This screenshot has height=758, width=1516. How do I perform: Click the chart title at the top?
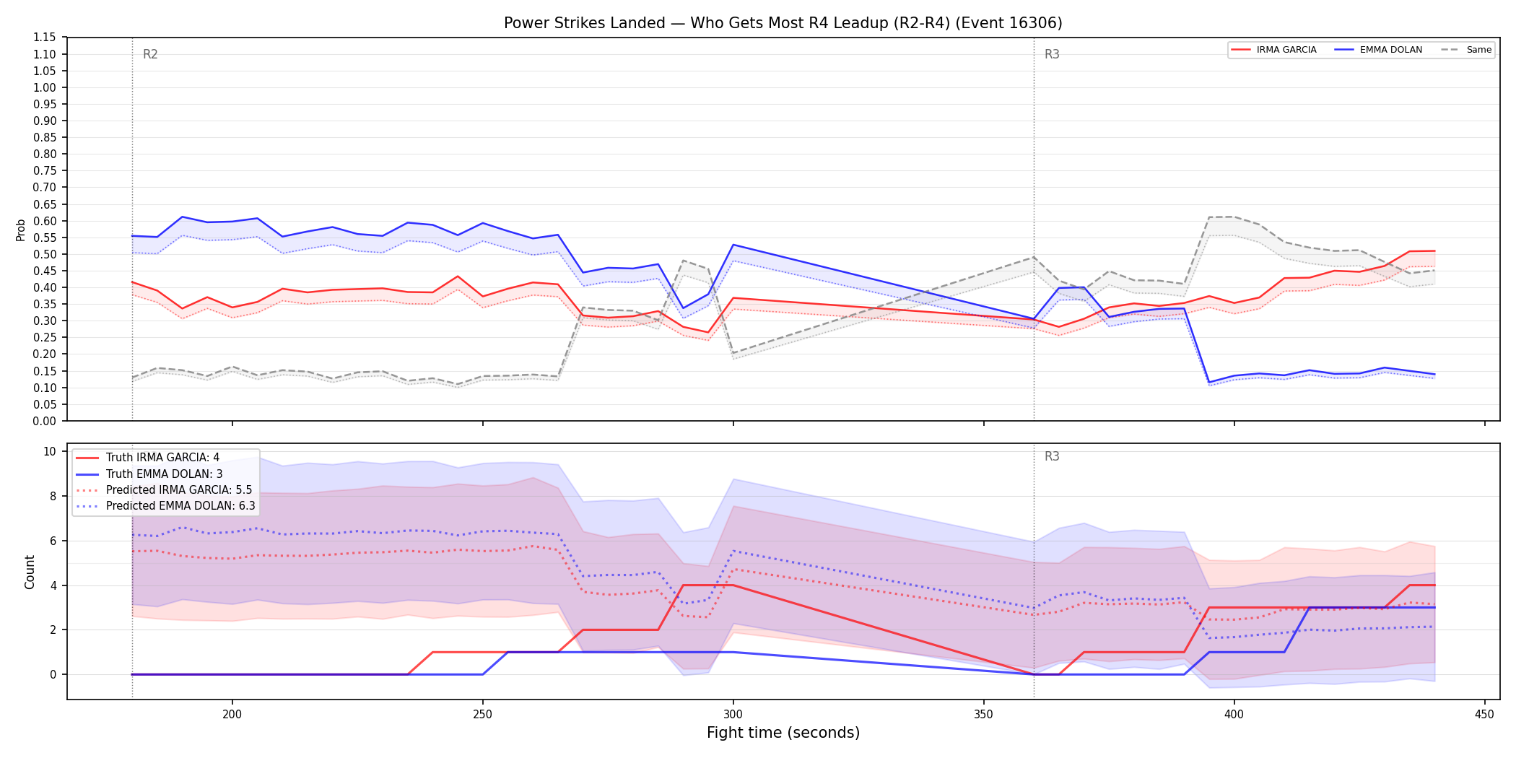[x=783, y=23]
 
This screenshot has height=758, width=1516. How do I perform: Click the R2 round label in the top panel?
[x=150, y=54]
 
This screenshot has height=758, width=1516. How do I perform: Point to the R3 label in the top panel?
[x=1052, y=54]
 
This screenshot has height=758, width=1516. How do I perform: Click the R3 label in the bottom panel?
[x=1052, y=456]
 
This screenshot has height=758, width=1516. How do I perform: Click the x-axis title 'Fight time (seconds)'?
[x=783, y=733]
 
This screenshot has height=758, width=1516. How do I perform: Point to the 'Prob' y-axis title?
[x=21, y=230]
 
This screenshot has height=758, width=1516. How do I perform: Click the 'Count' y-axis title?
[x=30, y=572]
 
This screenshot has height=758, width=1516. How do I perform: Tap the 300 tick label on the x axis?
[x=733, y=715]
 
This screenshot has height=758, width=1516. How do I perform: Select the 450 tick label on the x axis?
[x=1485, y=715]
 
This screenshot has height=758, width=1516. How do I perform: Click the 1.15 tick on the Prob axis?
[x=45, y=38]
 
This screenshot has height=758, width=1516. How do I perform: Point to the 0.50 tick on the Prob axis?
[x=45, y=254]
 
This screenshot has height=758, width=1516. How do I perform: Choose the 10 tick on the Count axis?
[x=50, y=452]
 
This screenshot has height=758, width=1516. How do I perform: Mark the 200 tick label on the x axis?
[x=232, y=715]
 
